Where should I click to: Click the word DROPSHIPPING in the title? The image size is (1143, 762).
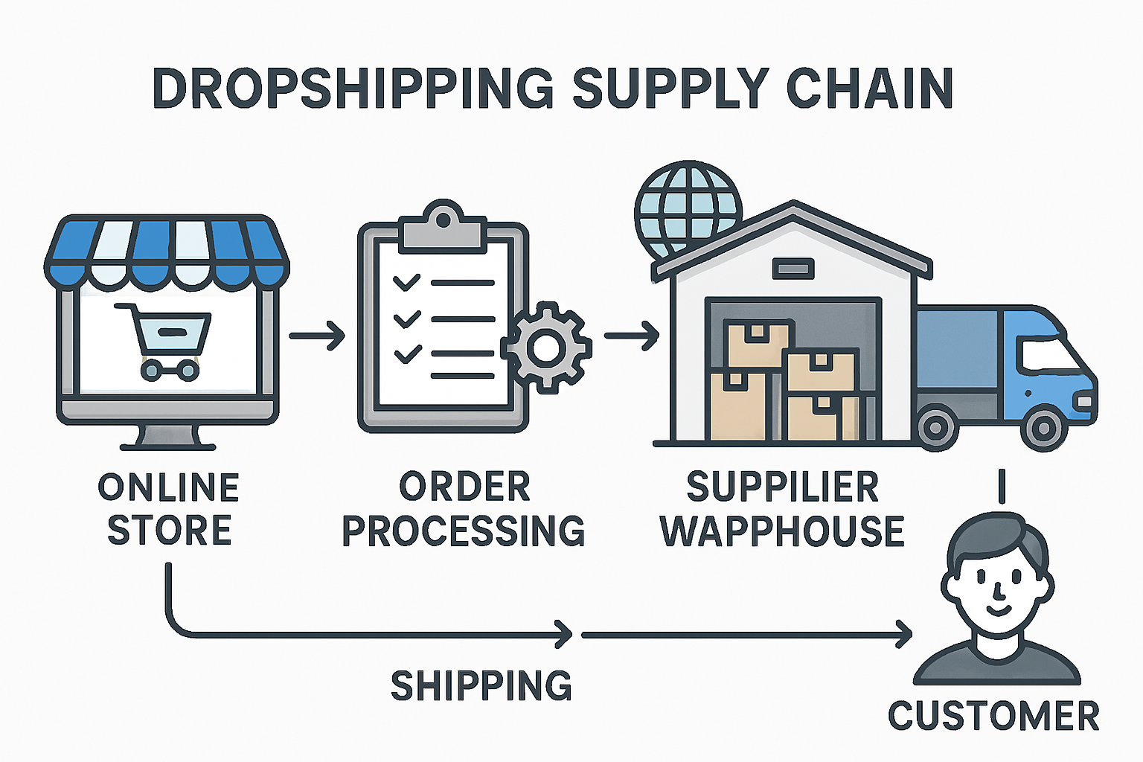(x=353, y=88)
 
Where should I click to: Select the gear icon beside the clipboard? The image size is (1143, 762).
(x=547, y=348)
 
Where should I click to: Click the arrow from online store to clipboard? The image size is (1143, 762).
(x=317, y=336)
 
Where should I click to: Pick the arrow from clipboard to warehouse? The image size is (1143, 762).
(x=631, y=336)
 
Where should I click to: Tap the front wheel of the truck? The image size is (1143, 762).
(x=1043, y=429)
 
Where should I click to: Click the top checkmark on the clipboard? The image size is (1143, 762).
(x=406, y=282)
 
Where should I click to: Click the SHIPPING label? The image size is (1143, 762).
(x=481, y=685)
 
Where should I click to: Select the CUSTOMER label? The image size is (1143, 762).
(x=993, y=717)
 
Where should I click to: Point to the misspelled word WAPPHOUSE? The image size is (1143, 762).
(x=782, y=531)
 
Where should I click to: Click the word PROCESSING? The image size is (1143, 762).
(x=463, y=531)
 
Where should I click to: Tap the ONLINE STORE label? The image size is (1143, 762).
(x=169, y=509)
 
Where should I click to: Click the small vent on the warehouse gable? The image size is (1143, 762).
(x=793, y=269)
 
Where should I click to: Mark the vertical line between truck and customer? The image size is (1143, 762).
(x=1002, y=486)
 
